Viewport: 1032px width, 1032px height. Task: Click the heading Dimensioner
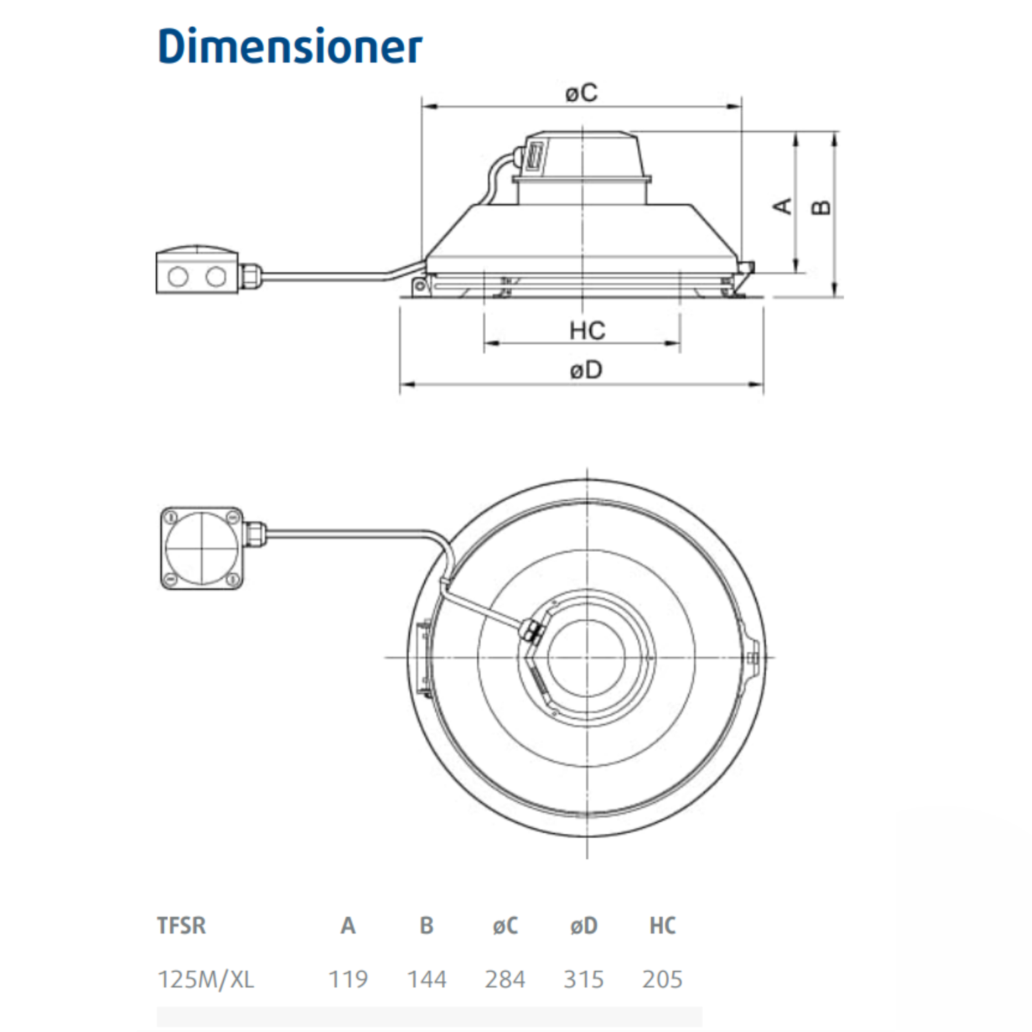pyautogui.click(x=290, y=47)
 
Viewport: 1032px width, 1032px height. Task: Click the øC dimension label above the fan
pyautogui.click(x=581, y=92)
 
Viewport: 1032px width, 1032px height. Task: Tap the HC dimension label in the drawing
pyautogui.click(x=587, y=331)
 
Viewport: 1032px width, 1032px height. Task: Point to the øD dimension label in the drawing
pyautogui.click(x=586, y=370)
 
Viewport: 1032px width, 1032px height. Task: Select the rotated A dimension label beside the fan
pyautogui.click(x=783, y=206)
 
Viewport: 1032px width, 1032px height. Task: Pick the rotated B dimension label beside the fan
pyautogui.click(x=821, y=207)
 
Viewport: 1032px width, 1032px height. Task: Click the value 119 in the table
pyautogui.click(x=348, y=979)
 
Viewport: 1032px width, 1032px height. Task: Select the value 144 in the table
pyautogui.click(x=427, y=979)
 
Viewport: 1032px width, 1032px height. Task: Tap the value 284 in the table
pyautogui.click(x=505, y=979)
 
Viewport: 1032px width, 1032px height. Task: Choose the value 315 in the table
pyautogui.click(x=583, y=979)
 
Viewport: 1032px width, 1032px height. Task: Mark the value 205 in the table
pyautogui.click(x=662, y=979)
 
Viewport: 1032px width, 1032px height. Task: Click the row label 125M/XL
pyautogui.click(x=206, y=979)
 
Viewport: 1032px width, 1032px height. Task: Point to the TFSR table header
pyautogui.click(x=182, y=925)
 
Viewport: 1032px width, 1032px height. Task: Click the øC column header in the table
pyautogui.click(x=505, y=926)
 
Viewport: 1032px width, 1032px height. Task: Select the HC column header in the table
pyautogui.click(x=663, y=925)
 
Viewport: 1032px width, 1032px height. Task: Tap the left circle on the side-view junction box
pyautogui.click(x=178, y=277)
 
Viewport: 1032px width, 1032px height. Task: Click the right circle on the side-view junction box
pyautogui.click(x=216, y=277)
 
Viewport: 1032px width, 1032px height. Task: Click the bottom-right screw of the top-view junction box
pyautogui.click(x=234, y=579)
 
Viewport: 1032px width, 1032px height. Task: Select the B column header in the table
pyautogui.click(x=427, y=925)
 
